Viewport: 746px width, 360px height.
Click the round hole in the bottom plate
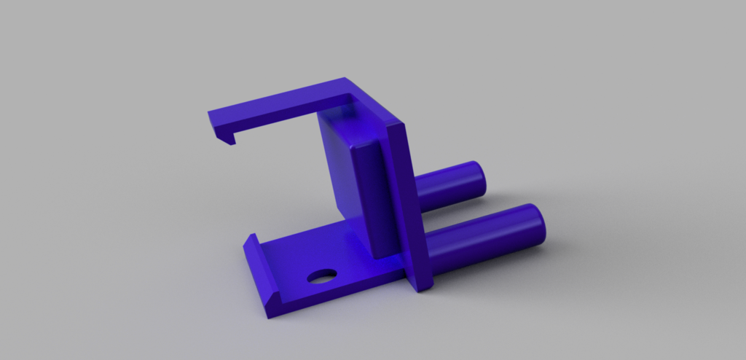pos(322,276)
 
